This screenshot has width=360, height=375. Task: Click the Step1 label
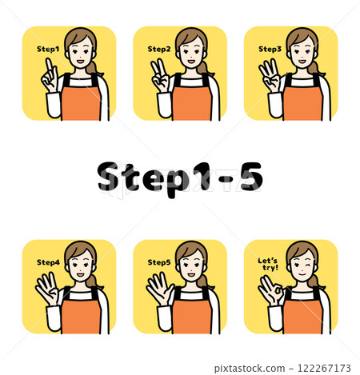coord(48,49)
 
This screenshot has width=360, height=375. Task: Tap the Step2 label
coord(159,49)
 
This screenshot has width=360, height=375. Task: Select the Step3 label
coord(270,49)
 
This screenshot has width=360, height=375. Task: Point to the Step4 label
coord(48,262)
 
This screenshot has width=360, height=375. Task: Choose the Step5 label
coord(159,262)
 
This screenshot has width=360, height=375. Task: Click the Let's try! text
coord(268,264)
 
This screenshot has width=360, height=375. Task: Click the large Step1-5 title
coord(180,178)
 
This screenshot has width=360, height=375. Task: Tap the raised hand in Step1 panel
coord(50,76)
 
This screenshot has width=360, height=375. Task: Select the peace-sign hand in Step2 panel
coord(160,76)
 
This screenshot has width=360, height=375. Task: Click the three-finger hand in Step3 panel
coord(270,76)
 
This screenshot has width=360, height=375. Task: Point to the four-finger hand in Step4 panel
coord(48,289)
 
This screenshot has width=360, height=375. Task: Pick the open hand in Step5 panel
coord(159,289)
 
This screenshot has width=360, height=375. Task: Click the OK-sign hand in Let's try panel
coord(271,290)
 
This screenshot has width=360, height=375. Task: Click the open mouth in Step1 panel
coord(81,62)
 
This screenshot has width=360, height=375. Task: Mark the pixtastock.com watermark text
coord(250,369)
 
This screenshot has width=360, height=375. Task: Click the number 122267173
coord(324,368)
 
